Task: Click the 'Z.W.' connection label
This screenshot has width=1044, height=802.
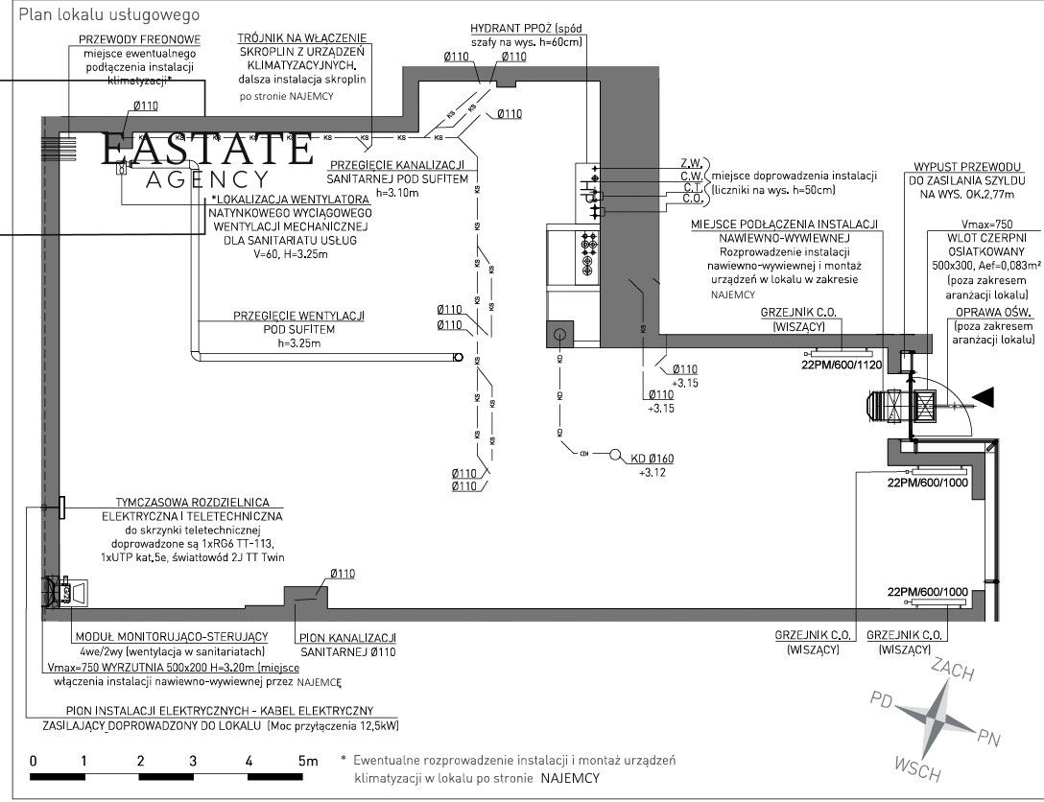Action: pos(691,162)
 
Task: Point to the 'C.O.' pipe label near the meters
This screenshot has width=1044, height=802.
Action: pos(691,199)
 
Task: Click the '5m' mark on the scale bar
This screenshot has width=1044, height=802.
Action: pos(307,761)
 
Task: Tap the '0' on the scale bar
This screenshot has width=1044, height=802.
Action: pos(33,761)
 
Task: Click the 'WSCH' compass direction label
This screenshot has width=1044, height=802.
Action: pos(917,767)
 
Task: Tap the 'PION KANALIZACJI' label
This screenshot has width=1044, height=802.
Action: pos(349,638)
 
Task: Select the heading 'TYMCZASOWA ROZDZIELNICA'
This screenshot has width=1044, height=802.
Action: pos(192,503)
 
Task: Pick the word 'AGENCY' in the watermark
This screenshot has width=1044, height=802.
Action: pos(206,179)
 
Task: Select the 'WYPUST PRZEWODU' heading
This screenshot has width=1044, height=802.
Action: pos(965,166)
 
